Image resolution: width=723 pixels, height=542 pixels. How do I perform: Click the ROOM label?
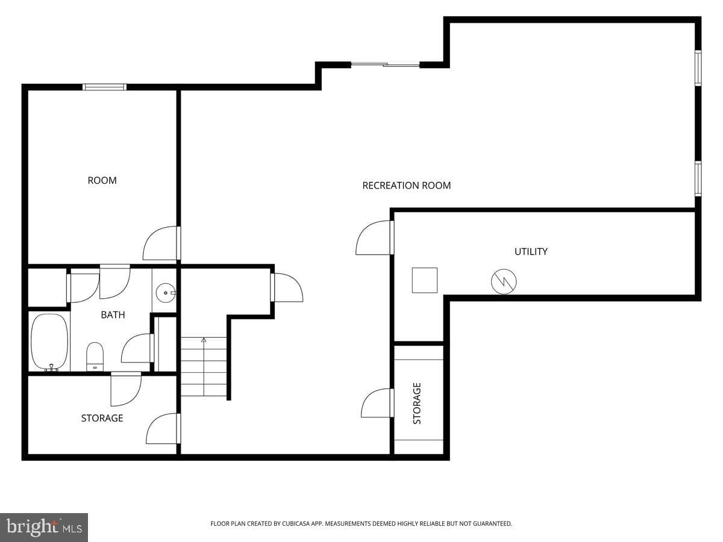point(102,180)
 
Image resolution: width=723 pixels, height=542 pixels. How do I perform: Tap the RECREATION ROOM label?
point(407,185)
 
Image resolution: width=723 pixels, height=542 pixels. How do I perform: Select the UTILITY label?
point(531,252)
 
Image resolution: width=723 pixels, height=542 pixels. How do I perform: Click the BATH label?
point(113,315)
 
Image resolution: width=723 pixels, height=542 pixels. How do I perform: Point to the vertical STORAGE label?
point(417,403)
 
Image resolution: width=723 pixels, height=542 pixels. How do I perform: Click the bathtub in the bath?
point(49,342)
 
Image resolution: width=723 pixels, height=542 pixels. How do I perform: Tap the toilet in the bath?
point(95,357)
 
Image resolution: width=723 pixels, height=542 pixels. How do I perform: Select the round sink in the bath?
point(166,293)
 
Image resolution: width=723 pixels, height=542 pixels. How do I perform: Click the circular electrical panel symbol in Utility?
point(504,282)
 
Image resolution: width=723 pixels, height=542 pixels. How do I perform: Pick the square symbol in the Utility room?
point(425,280)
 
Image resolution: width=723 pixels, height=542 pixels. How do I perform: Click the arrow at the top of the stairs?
point(204,340)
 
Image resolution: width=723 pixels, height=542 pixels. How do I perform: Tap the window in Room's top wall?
point(104,87)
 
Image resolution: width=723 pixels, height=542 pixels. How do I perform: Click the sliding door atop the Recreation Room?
point(385,65)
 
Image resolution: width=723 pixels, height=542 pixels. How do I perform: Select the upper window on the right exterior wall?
point(698,68)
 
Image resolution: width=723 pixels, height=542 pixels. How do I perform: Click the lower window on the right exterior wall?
point(698,179)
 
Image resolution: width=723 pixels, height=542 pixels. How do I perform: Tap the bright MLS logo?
point(44,528)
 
